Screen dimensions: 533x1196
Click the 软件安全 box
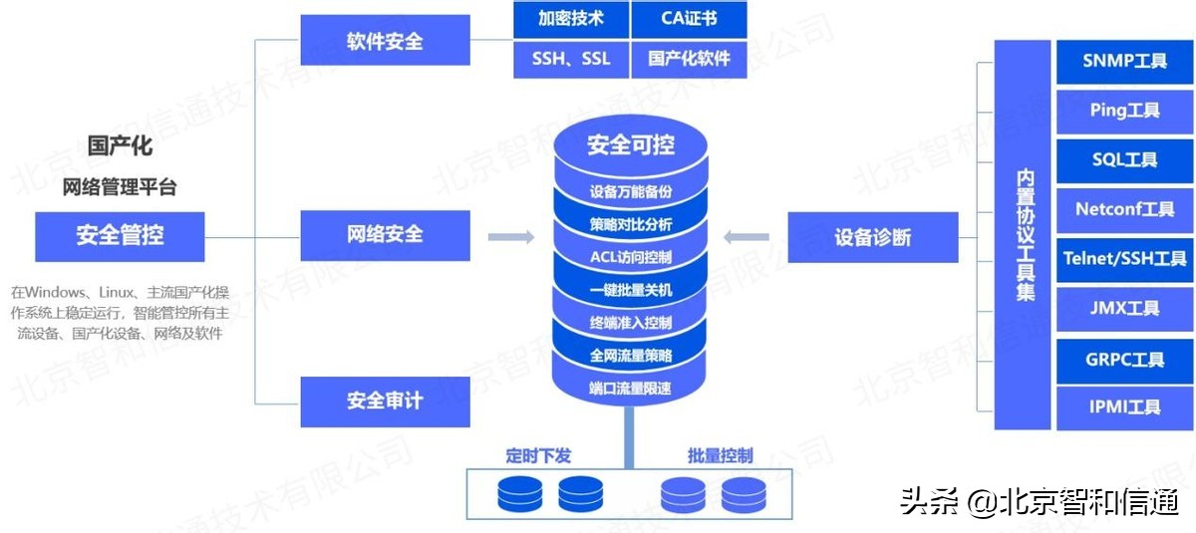(385, 41)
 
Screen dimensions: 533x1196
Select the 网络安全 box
(385, 235)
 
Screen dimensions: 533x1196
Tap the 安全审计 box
(385, 400)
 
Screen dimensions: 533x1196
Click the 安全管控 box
(120, 236)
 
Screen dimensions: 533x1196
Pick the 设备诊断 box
(872, 237)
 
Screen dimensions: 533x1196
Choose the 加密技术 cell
(570, 18)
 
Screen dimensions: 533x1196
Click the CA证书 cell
(689, 18)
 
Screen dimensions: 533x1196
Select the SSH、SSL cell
(570, 59)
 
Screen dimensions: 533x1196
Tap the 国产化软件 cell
(689, 59)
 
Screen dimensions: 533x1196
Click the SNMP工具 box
(1124, 61)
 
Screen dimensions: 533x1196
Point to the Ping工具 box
(1124, 111)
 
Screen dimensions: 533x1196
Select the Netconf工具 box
(1124, 209)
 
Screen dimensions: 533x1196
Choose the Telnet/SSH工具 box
(1124, 259)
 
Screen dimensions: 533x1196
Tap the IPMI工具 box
(1124, 406)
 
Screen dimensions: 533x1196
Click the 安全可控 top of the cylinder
(630, 145)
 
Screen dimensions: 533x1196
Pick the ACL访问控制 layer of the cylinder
(630, 257)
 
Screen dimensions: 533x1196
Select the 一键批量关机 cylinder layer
(630, 290)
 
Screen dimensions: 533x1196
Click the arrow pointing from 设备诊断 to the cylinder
(747, 237)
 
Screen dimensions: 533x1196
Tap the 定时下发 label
(538, 456)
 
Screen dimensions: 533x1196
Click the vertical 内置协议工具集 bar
(1025, 235)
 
